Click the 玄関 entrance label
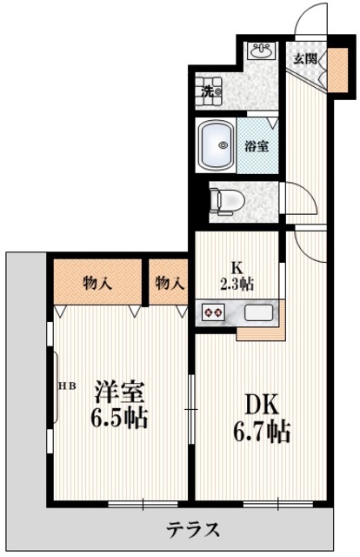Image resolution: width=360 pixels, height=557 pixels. tap(303, 59)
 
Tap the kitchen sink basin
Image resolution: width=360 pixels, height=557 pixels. tap(258, 312)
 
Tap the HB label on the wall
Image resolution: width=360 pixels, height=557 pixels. tap(67, 384)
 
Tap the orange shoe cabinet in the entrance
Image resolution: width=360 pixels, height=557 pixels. tap(337, 75)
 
